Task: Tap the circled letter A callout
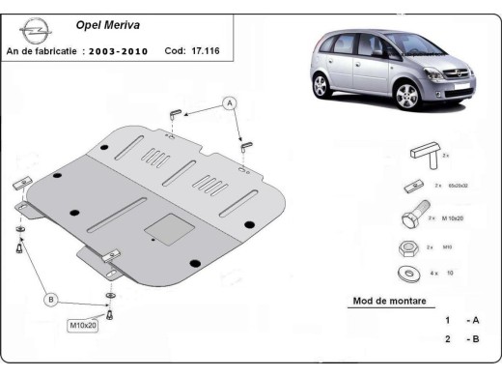click(230, 102)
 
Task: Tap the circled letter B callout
click(50, 301)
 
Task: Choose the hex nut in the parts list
click(406, 247)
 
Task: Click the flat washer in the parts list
click(406, 275)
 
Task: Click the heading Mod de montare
click(381, 302)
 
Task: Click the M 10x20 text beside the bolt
click(457, 219)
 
